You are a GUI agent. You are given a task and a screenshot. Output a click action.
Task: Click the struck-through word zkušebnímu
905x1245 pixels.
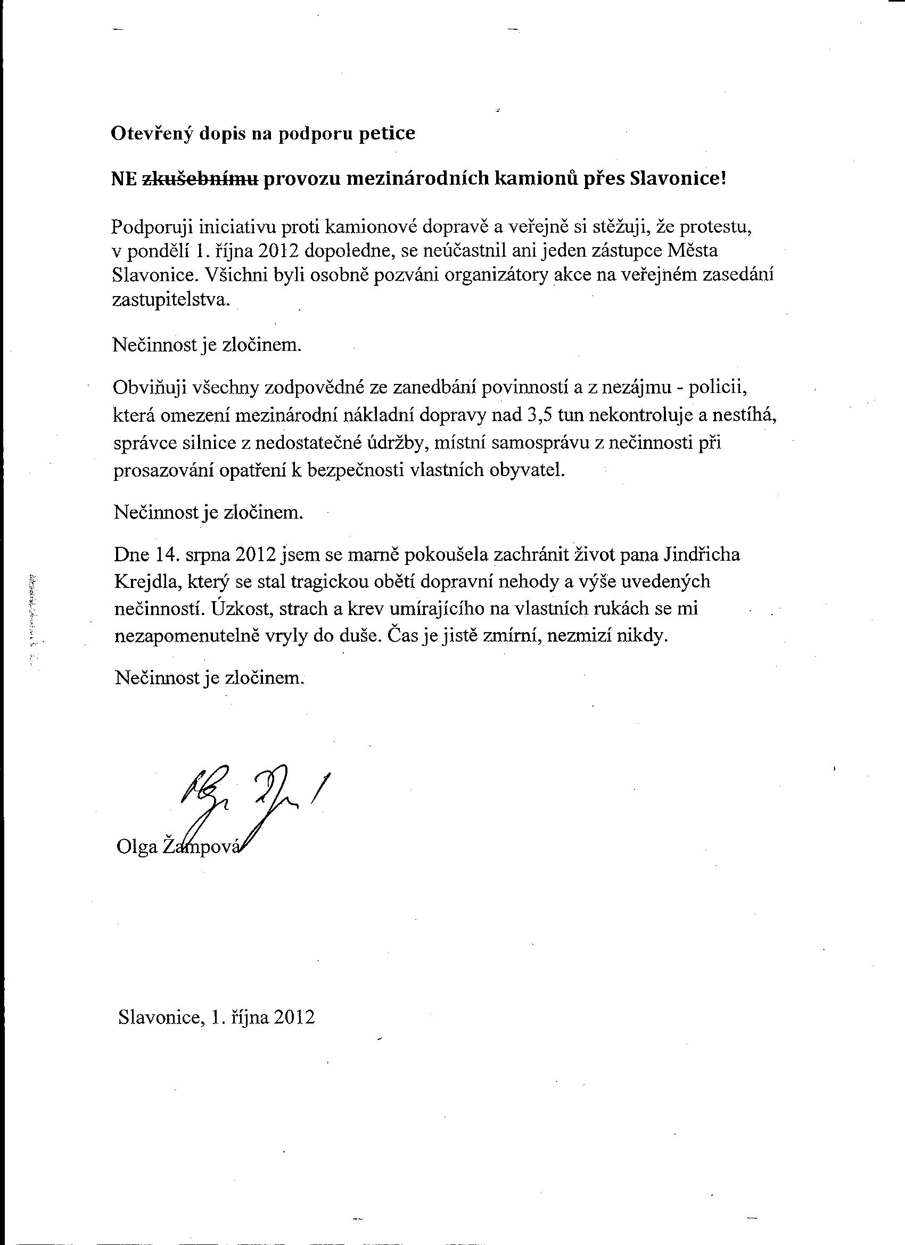[200, 179]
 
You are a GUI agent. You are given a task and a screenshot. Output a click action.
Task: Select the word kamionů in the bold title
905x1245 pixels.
[533, 179]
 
